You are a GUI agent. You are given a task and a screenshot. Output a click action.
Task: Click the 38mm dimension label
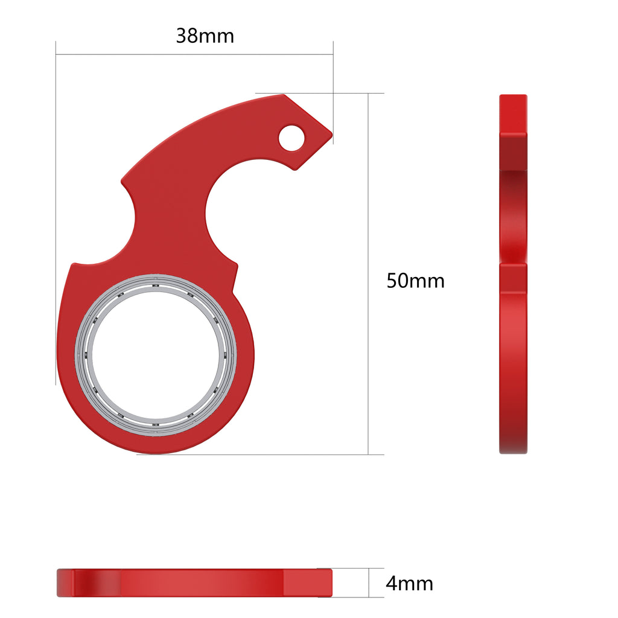(205, 36)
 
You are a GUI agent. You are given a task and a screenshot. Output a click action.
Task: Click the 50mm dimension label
(415, 281)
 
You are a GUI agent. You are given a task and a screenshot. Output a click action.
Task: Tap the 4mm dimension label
(409, 584)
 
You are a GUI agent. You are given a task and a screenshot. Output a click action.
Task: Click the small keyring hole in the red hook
(291, 138)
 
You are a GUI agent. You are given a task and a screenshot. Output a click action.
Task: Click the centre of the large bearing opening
(156, 355)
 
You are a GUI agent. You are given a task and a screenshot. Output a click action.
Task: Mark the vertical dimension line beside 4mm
(368, 583)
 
